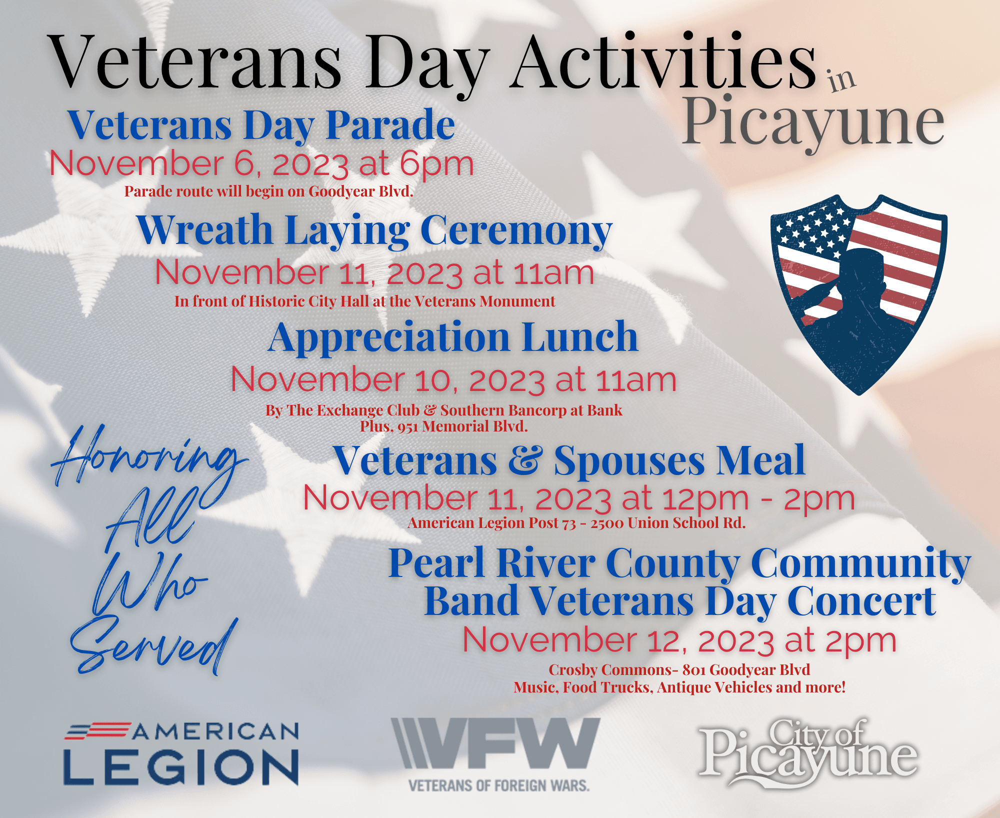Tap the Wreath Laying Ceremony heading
click(x=374, y=230)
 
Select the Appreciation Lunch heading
click(x=453, y=337)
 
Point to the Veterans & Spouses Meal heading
click(x=569, y=460)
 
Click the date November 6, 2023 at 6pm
click(x=261, y=164)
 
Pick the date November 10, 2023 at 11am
click(x=453, y=379)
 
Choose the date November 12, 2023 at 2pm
click(x=679, y=640)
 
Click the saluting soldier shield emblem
click(x=858, y=294)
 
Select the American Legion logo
click(x=181, y=753)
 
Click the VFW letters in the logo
click(x=495, y=743)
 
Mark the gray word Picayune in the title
click(x=813, y=122)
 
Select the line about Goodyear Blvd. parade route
click(x=269, y=191)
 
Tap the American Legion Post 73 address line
click(x=576, y=523)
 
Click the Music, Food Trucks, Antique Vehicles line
click(x=679, y=687)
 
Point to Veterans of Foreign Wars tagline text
click(x=499, y=785)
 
